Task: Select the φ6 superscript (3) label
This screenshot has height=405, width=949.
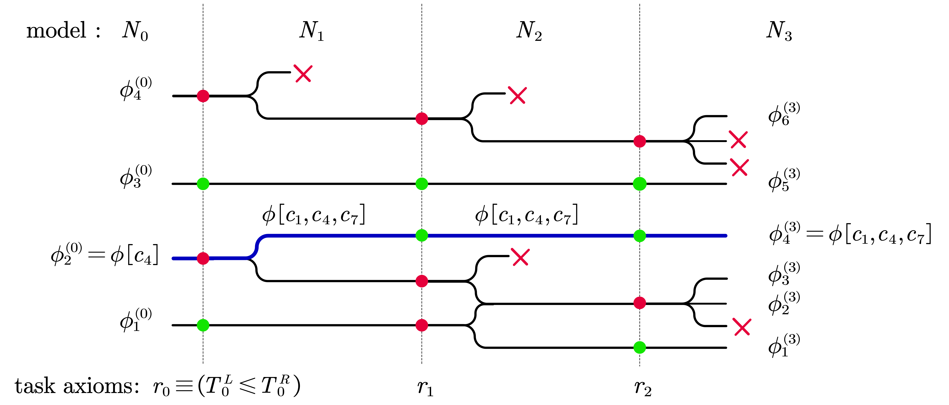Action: point(784,114)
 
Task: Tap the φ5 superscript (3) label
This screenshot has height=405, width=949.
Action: point(784,180)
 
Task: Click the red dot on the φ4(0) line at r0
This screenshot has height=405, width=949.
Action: point(203,96)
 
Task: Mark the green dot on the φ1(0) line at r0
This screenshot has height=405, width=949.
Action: point(203,325)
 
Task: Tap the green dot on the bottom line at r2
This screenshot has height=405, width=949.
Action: point(640,347)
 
